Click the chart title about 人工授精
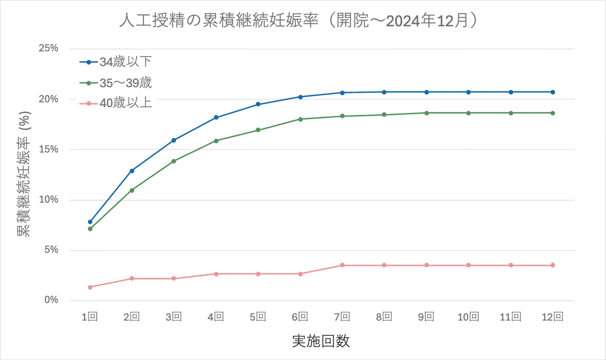[298, 20]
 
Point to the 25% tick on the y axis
[48, 48]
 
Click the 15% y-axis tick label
[48, 149]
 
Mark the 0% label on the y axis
[51, 300]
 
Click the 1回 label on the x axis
[90, 317]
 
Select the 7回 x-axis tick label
[342, 317]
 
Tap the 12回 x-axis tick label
[553, 317]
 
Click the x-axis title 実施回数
[321, 341]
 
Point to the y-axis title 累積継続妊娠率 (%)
[24, 174]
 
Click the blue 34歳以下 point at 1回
[90, 222]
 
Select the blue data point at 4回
[216, 117]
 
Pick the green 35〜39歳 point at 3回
[174, 161]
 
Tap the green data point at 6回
[300, 119]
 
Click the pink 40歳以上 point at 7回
[342, 265]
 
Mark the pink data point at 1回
[90, 287]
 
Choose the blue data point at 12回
[553, 92]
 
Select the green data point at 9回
[426, 113]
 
